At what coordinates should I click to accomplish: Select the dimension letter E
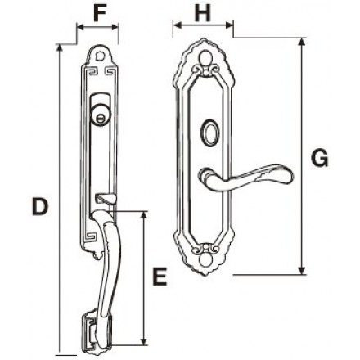(160, 277)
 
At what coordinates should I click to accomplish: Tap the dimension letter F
(99, 13)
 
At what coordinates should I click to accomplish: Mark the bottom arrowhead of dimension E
(143, 341)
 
